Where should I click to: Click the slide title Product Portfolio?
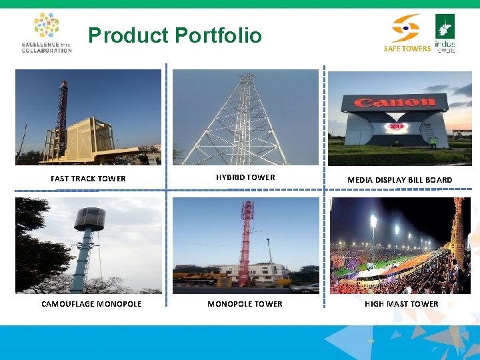coord(175,35)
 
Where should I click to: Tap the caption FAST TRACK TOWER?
coord(88,179)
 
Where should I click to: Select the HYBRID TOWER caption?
coord(245,177)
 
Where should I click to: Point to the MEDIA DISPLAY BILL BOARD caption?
coord(400,180)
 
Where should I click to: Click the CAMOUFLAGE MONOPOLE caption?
coord(91,304)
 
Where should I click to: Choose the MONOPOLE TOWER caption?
coord(245,304)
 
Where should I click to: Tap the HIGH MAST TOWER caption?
coord(401,304)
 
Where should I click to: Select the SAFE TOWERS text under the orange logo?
coord(407,49)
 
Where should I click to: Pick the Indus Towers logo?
coord(445,33)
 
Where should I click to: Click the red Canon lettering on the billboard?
coord(394,103)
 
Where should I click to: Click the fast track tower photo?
coord(88,117)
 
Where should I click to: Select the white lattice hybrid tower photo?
coord(245,117)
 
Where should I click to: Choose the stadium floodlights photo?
coord(400,245)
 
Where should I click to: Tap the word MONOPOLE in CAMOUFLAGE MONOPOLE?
coord(119,304)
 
